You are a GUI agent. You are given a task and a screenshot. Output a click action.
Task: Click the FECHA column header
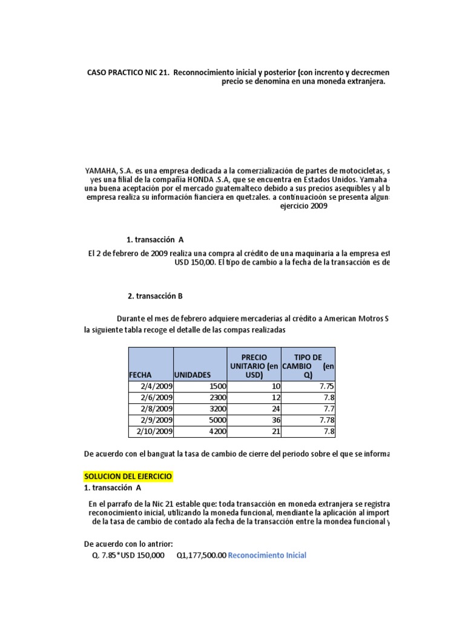click(140, 375)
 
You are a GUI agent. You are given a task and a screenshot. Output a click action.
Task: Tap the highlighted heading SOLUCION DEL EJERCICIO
click(128, 477)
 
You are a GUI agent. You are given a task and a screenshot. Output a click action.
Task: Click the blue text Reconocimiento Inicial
click(267, 555)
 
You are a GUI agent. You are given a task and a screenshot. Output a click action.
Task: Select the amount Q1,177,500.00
click(201, 555)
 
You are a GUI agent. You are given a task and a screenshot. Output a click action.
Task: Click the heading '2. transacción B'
click(155, 296)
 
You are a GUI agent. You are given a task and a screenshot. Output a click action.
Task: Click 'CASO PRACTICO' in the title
click(114, 73)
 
